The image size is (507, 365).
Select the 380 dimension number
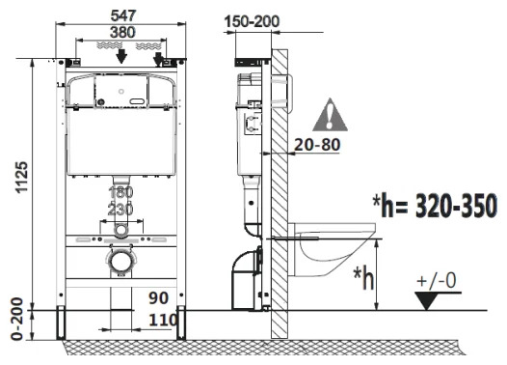(x=122, y=33)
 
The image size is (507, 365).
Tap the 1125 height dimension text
(x=22, y=178)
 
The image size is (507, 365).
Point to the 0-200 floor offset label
(x=17, y=319)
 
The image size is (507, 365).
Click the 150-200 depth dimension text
(x=252, y=21)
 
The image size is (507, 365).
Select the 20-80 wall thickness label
(x=317, y=145)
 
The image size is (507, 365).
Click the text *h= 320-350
(x=435, y=206)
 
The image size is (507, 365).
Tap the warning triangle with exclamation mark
(x=330, y=115)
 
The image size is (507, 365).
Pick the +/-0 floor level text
(x=437, y=280)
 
